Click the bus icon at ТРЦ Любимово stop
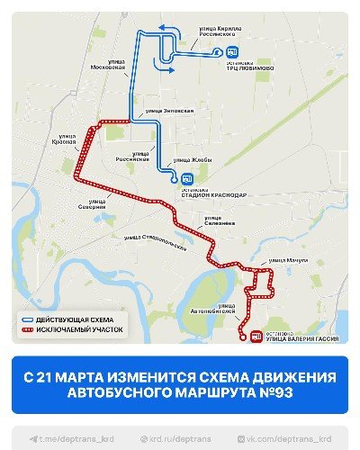click(232, 52)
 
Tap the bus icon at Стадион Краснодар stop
click(187, 178)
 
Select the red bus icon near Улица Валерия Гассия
click(256, 337)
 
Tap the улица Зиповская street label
click(169, 111)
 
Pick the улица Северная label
click(91, 203)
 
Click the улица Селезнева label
click(219, 220)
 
